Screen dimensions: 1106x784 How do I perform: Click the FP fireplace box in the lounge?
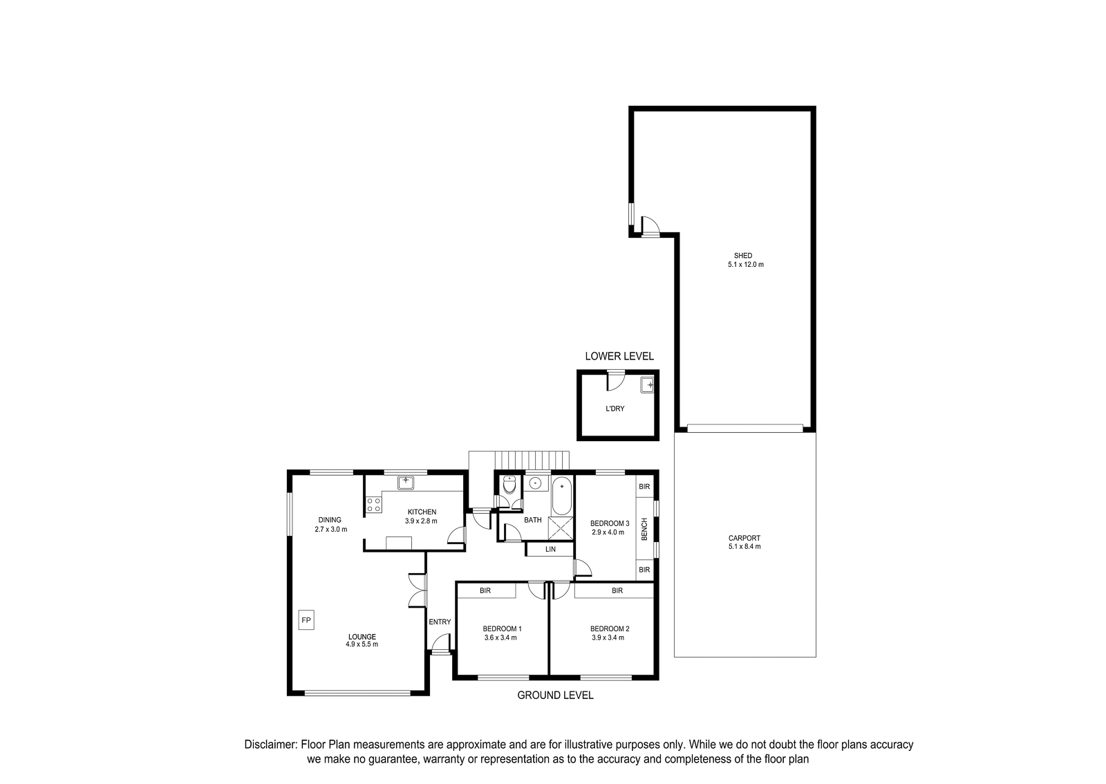point(306,620)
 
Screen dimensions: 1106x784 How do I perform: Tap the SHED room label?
point(743,256)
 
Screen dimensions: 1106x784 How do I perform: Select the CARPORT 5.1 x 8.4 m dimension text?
point(744,547)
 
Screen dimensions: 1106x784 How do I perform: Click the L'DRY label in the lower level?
point(615,409)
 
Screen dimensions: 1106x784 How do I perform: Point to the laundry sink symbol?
point(647,384)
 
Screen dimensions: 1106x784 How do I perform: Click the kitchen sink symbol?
point(406,483)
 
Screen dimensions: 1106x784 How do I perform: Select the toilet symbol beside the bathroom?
point(509,485)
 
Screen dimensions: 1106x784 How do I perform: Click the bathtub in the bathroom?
point(561,496)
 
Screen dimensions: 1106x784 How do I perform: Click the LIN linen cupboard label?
point(550,550)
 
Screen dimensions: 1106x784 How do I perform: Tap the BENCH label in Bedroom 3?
point(644,530)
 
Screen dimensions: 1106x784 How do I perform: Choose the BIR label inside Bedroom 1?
point(485,590)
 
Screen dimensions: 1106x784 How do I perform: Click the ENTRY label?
point(440,622)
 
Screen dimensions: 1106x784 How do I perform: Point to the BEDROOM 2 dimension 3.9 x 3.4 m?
point(608,637)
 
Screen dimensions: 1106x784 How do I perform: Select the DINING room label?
point(330,520)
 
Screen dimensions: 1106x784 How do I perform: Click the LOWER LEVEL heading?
point(619,356)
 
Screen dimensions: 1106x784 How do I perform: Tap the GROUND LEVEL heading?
point(556,695)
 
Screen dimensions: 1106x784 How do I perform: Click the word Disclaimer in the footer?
point(270,745)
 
